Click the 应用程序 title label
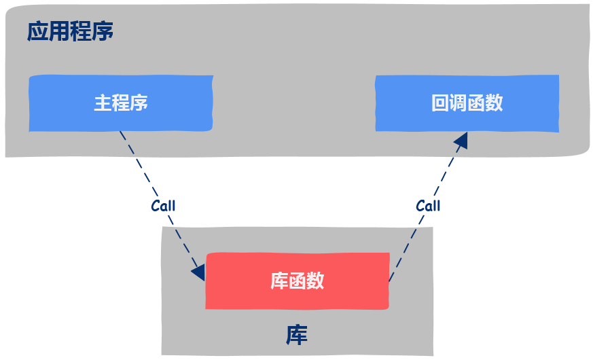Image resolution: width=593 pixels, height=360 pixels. coord(70,32)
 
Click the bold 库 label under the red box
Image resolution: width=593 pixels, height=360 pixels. coord(297,334)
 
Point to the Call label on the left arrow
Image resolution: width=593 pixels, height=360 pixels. coord(163,206)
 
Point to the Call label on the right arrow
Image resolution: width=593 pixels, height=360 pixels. coord(428,206)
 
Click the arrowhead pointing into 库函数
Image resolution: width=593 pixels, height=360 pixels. coord(199,272)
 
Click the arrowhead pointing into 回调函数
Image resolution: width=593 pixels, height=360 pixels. coord(462,140)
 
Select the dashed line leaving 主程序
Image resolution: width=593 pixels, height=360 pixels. coord(139,166)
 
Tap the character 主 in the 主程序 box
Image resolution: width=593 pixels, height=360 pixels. coord(103,103)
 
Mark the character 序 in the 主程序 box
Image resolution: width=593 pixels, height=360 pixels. coord(139,103)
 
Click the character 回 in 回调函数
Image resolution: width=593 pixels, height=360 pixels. coord(440,103)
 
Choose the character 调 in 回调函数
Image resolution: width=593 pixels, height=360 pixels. coord(459,103)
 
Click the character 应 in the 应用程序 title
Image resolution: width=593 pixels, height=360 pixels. coord(37,32)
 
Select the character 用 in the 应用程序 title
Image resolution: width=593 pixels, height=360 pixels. coord(59,32)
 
